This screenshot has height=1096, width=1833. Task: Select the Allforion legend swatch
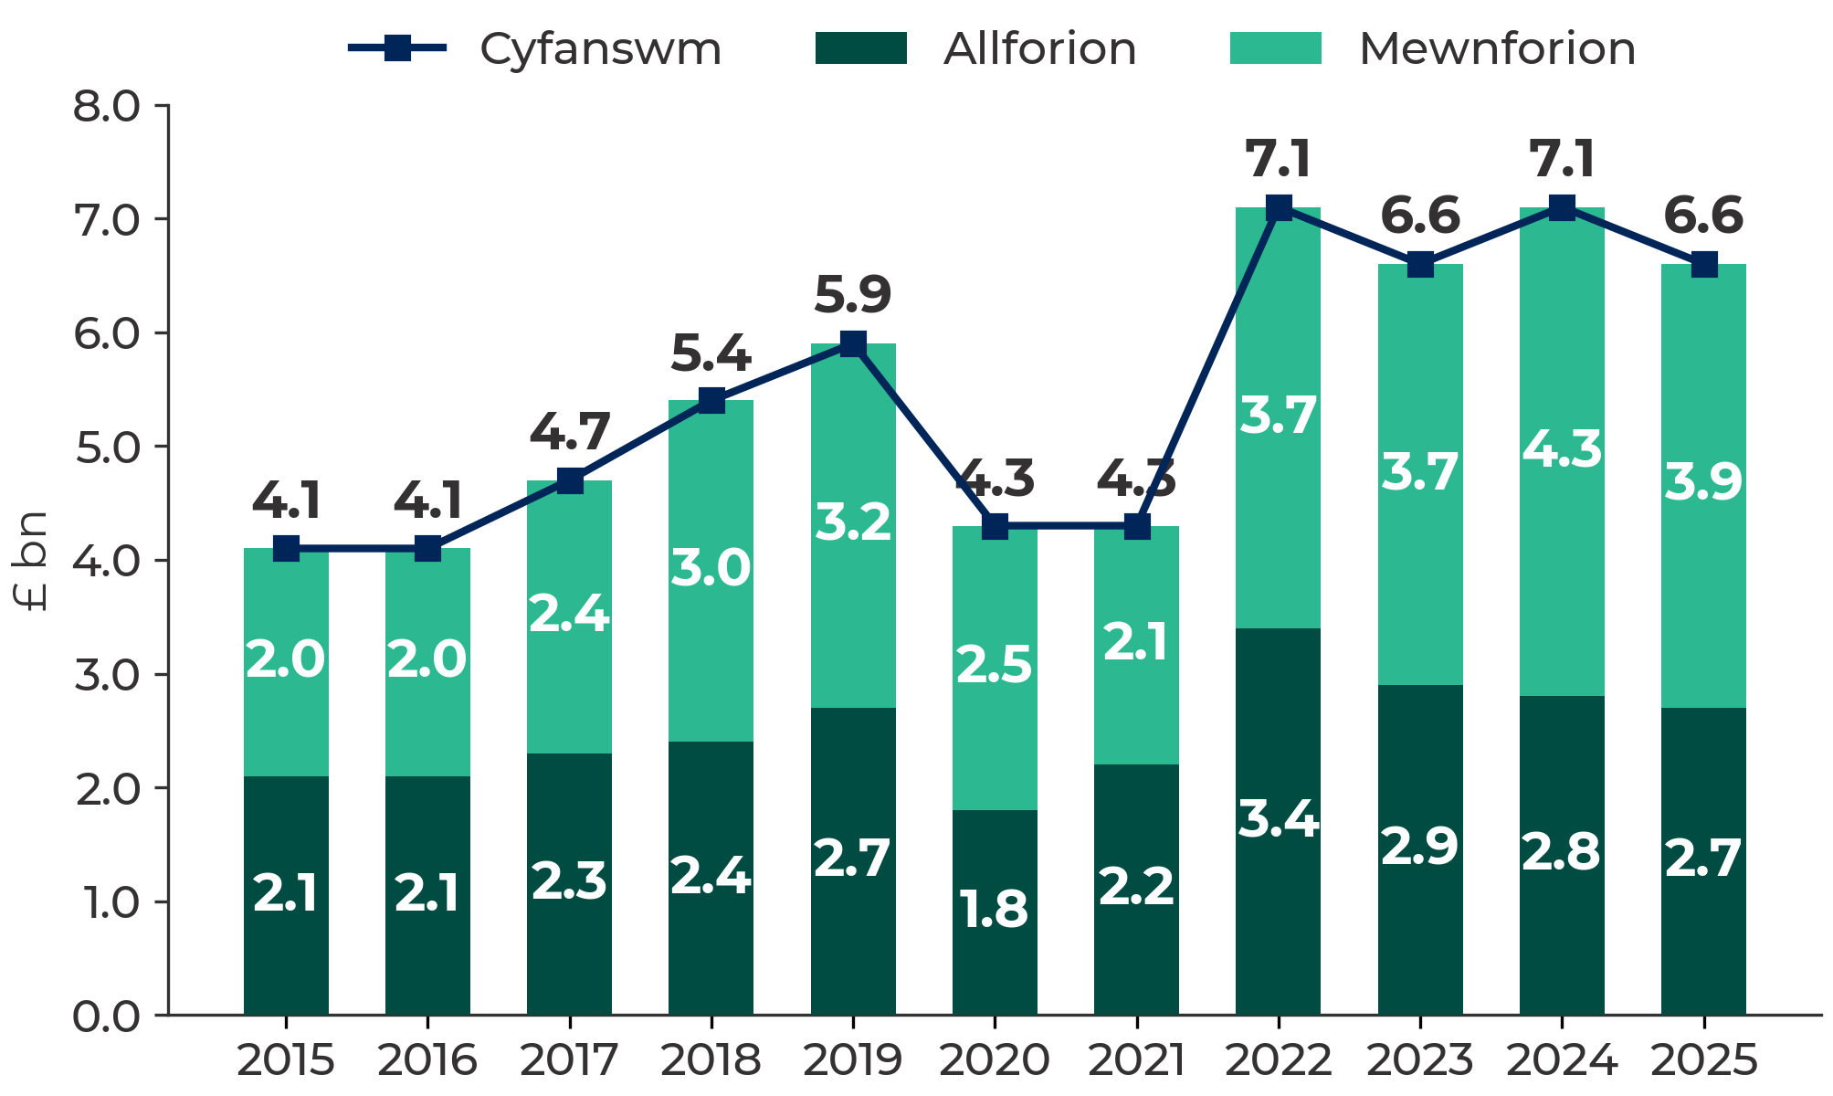860,47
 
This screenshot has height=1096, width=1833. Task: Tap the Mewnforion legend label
1497,48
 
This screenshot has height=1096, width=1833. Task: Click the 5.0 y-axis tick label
108,448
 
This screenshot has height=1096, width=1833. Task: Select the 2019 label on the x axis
853,1060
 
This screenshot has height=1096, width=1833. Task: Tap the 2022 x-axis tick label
1278,1060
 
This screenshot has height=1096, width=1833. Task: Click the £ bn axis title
32,561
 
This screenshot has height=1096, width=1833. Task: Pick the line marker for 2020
995,526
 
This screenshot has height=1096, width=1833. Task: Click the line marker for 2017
570,480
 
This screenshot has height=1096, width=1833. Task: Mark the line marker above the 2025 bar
1703,265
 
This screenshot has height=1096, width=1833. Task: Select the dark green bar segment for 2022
1278,821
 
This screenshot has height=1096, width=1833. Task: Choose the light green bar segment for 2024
1562,452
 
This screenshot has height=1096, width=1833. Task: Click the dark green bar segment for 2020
995,912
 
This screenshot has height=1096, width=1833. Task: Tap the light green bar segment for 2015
286,662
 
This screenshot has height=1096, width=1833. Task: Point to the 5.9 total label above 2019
853,294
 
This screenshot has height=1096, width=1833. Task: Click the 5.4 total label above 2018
711,353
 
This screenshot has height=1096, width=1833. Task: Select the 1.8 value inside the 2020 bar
995,910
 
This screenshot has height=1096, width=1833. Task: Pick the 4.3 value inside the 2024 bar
1562,449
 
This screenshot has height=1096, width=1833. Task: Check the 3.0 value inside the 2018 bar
711,568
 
